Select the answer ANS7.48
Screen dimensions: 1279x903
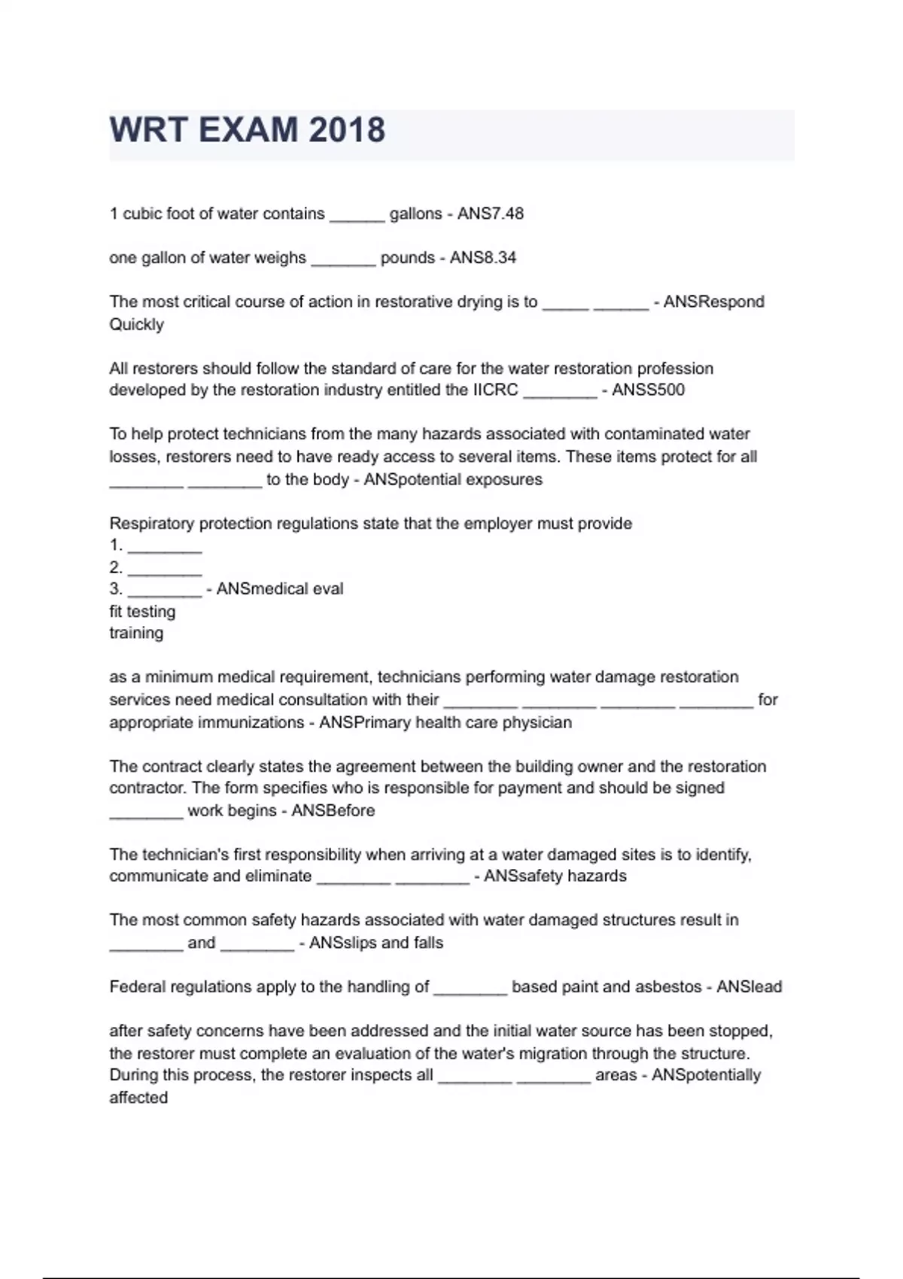491,214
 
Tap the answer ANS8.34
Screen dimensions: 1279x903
483,257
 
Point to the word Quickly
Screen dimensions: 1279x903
136,324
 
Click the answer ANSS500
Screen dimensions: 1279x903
648,390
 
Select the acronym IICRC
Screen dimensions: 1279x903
495,390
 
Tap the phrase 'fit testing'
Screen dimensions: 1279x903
142,611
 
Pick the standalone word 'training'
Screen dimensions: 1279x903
136,633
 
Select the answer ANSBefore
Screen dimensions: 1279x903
333,810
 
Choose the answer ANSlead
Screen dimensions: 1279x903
749,986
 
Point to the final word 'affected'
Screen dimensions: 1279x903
138,1098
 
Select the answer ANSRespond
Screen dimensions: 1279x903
713,302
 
